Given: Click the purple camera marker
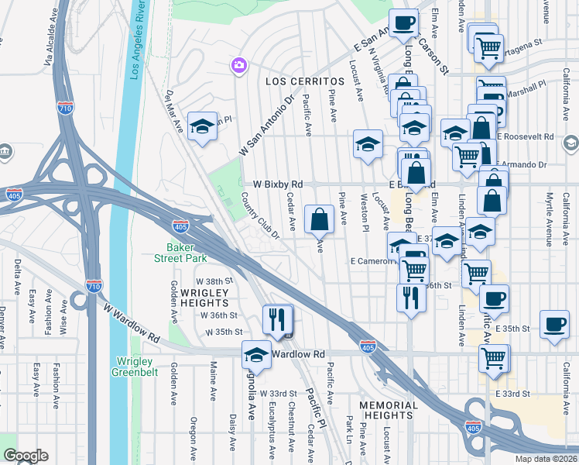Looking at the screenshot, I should (237, 66).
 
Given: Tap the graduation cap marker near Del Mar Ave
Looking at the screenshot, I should (202, 127).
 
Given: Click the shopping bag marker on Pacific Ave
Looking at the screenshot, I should (320, 219).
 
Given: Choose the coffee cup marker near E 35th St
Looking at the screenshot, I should (554, 324).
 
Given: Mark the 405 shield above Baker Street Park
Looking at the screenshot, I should (180, 226).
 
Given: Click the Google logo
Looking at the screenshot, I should (26, 456).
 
